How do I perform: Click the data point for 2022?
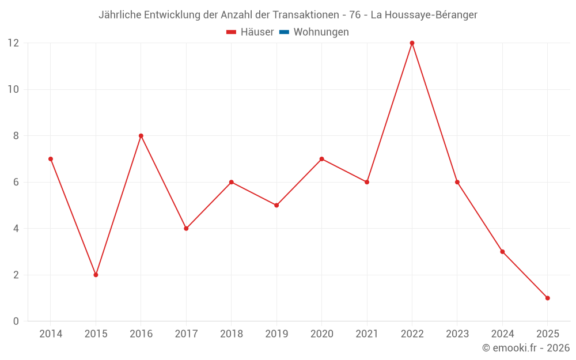click(412, 43)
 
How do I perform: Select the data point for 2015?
click(96, 275)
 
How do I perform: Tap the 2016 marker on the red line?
click(141, 136)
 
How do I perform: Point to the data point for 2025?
click(547, 298)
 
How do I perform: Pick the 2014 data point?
click(51, 159)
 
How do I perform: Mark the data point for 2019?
click(276, 205)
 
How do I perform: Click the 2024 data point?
click(502, 252)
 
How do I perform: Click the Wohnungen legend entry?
click(321, 32)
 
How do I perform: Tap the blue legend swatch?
click(284, 32)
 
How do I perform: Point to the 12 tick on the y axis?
click(13, 43)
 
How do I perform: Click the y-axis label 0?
click(16, 321)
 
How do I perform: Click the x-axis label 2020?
click(321, 334)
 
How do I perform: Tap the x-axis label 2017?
click(186, 334)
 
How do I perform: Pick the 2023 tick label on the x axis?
click(457, 334)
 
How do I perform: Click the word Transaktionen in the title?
click(304, 15)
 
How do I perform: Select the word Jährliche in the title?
click(120, 15)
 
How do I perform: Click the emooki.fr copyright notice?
click(525, 348)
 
